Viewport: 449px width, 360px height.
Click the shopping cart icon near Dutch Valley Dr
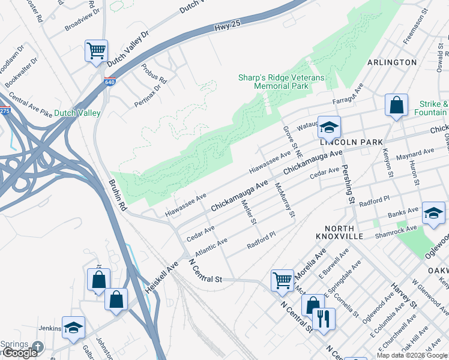click(96, 50)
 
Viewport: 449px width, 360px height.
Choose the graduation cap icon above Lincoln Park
click(329, 127)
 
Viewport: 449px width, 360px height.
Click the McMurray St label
click(283, 199)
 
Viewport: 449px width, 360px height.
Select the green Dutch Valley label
click(77, 113)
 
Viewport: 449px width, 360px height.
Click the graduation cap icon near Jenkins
click(73, 328)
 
